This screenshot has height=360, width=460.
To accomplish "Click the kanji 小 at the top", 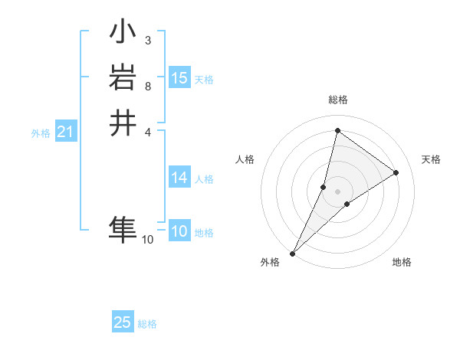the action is (x=123, y=34).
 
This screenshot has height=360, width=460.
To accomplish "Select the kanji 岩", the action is (x=123, y=79).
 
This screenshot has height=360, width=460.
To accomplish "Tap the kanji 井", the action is (x=123, y=123).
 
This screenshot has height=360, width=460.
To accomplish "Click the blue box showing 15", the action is (x=179, y=78).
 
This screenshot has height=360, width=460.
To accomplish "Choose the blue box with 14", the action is (x=179, y=178).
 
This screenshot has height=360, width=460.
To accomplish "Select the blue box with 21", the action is (x=66, y=133).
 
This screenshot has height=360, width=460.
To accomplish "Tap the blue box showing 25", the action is (x=123, y=322).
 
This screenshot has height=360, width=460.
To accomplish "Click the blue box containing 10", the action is (x=179, y=232).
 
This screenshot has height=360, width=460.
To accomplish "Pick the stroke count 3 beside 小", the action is (x=147, y=40).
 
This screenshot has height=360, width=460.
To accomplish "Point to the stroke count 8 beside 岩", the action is (x=147, y=86).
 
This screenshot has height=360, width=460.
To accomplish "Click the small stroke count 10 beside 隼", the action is (x=148, y=240).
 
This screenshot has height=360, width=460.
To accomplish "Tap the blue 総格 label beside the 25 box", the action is (x=147, y=324).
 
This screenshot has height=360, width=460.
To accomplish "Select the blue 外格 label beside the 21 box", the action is (x=41, y=133).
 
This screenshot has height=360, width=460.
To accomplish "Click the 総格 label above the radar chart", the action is (x=338, y=100).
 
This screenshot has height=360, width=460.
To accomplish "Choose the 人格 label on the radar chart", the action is (x=245, y=159).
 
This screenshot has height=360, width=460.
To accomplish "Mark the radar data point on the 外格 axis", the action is (x=292, y=254).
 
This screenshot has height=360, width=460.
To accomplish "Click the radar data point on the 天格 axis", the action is (x=396, y=173).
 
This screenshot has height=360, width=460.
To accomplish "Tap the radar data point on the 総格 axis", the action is (x=337, y=131).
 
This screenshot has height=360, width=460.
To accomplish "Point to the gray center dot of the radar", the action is (x=338, y=191).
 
